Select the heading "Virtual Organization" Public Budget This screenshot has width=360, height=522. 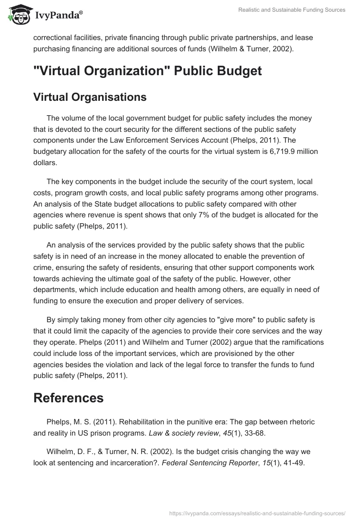click(x=147, y=71)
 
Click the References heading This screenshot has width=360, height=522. click(x=68, y=397)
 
